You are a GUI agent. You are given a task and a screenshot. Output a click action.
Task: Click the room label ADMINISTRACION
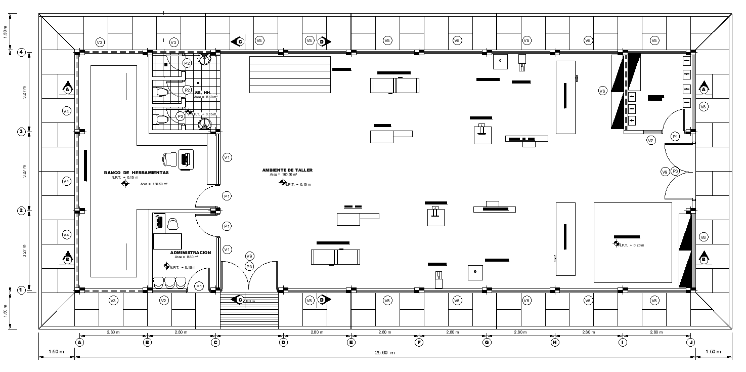point(190,252)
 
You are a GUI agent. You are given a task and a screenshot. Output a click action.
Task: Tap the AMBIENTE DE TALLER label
point(287,170)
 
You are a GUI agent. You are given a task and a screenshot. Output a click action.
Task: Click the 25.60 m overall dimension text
point(384,353)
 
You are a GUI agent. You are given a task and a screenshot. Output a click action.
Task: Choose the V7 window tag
point(651,140)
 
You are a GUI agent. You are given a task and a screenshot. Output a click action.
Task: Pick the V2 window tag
point(163,301)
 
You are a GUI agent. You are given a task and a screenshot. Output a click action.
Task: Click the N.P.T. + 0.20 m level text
point(632,245)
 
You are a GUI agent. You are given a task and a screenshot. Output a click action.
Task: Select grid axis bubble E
point(351,342)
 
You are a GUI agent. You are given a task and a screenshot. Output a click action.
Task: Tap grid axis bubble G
point(487,342)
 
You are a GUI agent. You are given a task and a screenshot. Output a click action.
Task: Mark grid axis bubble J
point(691,342)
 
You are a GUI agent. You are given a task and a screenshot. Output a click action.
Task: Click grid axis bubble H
point(555,342)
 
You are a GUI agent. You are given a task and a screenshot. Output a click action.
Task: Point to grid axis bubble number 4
point(21,52)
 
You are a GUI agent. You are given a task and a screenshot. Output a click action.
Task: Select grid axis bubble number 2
point(21,211)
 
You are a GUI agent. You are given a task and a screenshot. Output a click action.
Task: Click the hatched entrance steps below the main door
point(249,311)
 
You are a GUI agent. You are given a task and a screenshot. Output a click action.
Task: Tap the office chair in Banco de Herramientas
point(169,159)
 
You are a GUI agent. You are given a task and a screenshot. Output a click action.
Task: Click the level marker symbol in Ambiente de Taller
point(283,182)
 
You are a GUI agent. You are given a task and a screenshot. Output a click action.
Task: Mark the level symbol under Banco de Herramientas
point(125,184)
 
